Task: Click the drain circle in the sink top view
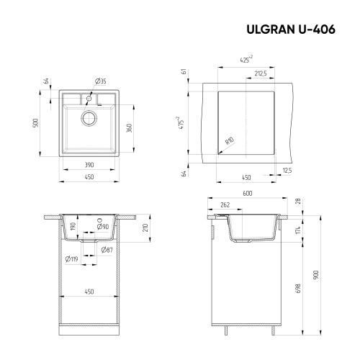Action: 90,119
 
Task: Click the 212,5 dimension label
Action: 261,73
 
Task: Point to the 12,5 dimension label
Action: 287,171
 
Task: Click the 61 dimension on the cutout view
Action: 184,71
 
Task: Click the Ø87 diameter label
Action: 106,249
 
